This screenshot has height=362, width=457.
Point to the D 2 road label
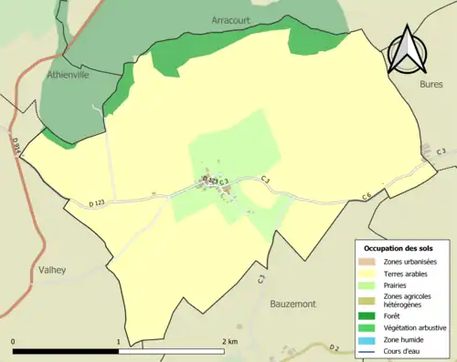[335, 347]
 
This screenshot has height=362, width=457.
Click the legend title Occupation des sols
[399, 248]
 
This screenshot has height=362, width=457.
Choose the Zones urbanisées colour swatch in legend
[367, 262]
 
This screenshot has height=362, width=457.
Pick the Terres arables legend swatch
[367, 274]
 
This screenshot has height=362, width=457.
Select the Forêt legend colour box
[367, 315]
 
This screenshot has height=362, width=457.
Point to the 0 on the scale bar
[14, 342]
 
